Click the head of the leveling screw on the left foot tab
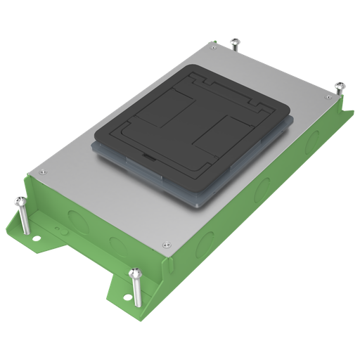point(21,201)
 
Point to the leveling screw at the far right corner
point(340,86)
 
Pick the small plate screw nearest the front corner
point(166,245)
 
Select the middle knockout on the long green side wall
point(263,187)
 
